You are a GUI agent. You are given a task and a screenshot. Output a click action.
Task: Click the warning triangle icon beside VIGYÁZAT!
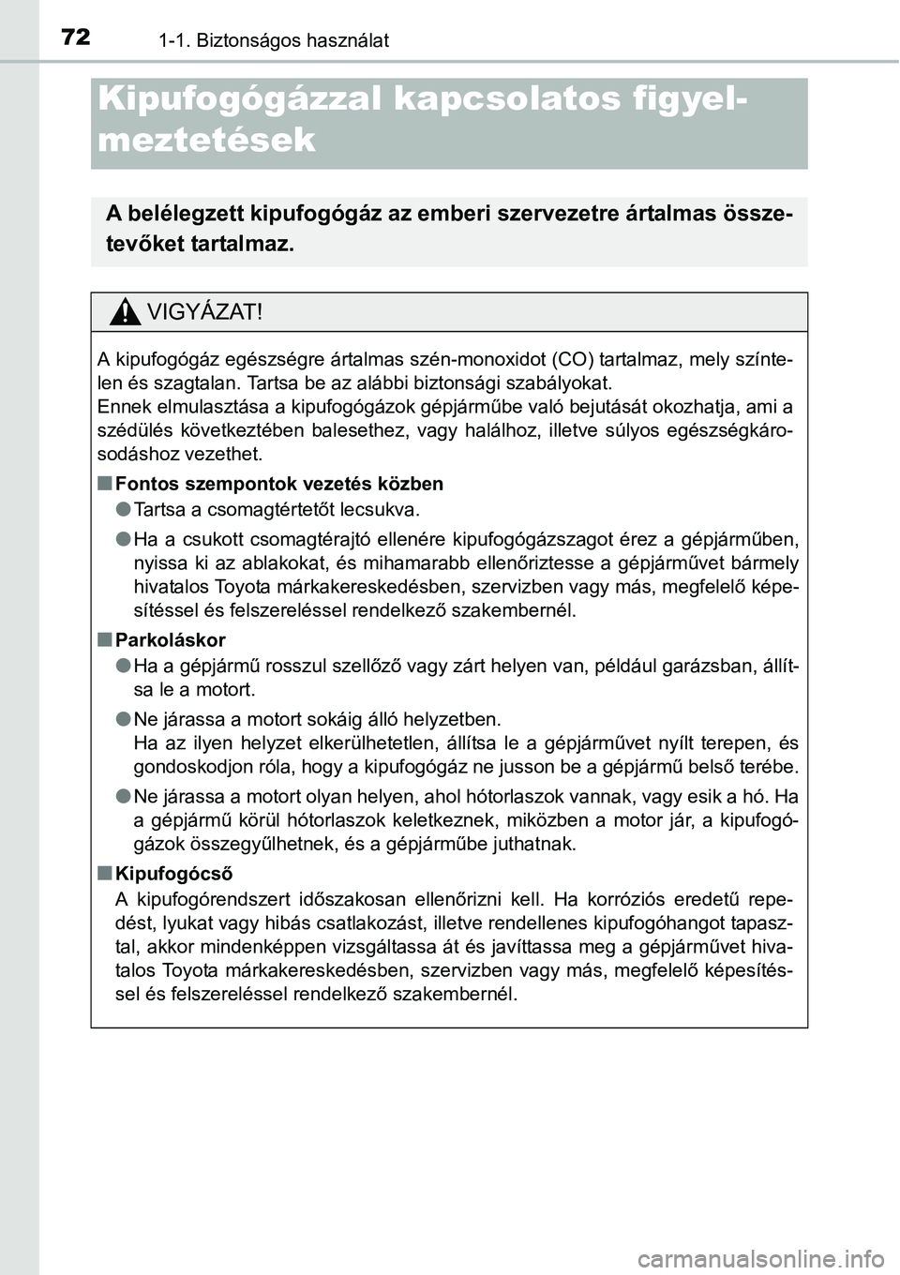(122, 312)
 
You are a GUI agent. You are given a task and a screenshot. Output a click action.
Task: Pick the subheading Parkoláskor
(171, 639)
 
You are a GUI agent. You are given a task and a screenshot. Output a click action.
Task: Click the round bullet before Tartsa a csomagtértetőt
(123, 510)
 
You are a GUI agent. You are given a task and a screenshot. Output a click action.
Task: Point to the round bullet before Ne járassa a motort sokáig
(123, 720)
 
